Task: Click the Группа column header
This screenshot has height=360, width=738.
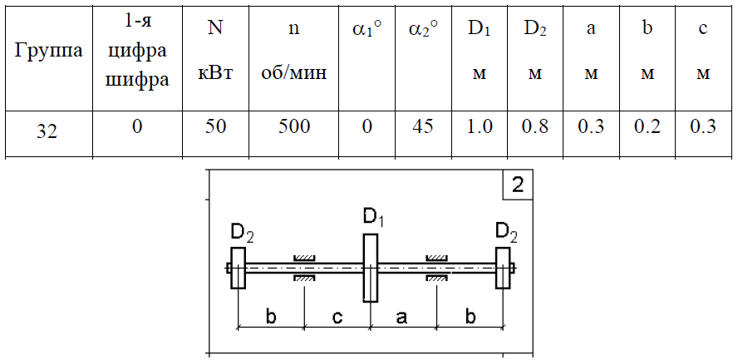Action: [48, 51]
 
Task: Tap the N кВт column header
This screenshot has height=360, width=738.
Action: [215, 51]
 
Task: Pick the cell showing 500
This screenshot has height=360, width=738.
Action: [293, 126]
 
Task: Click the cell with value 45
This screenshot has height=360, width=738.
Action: [422, 126]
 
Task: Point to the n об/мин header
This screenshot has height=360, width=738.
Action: [293, 51]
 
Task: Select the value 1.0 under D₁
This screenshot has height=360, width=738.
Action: [480, 126]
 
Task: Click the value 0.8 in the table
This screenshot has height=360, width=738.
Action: [534, 126]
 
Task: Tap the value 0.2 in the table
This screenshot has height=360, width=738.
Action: [647, 126]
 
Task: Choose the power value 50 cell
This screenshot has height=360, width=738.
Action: [215, 126]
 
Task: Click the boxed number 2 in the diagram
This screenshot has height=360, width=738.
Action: [517, 185]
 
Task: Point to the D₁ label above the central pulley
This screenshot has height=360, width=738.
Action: [373, 219]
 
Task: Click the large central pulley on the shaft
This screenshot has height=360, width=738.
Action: [371, 268]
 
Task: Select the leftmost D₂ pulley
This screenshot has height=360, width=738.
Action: [239, 268]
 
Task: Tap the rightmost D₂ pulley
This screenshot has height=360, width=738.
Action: [503, 268]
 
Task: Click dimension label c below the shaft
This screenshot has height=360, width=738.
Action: [337, 318]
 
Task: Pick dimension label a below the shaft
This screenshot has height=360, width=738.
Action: [401, 318]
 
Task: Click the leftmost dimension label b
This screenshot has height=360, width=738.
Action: [271, 316]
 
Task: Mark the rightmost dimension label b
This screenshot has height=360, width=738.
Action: [470, 316]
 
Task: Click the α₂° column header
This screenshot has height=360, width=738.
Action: [423, 30]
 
